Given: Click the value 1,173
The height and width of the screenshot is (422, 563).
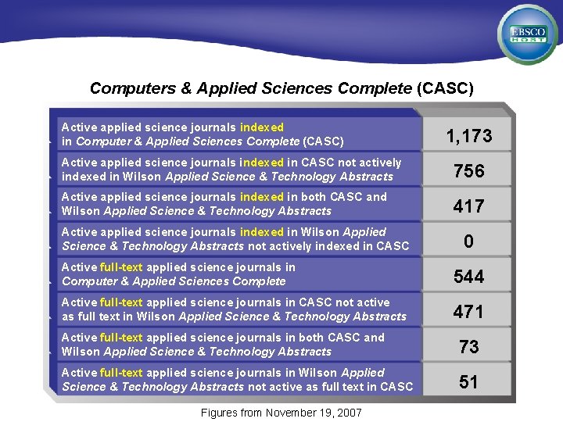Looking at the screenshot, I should (469, 137).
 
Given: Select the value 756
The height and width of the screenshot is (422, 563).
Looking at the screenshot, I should (469, 171).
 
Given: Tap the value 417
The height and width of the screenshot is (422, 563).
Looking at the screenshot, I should (469, 206).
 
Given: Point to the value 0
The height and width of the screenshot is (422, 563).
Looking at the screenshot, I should (469, 241).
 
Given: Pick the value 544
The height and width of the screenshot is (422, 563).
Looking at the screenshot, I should (469, 277).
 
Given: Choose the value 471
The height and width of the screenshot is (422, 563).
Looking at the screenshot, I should (469, 312).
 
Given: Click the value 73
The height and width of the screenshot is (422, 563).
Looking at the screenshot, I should (469, 346).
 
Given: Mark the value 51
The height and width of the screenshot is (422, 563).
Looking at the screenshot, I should (469, 381).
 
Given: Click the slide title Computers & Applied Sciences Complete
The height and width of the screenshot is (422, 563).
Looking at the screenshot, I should (250, 88).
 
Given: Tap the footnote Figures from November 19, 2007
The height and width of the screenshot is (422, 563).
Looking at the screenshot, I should (281, 412).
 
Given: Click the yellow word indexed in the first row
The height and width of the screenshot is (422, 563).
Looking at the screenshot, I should (262, 127).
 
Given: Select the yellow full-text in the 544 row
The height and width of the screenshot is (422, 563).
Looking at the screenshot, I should (121, 267).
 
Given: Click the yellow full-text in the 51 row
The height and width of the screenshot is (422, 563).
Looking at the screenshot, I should (121, 373).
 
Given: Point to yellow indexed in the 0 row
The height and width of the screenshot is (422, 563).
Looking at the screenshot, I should (262, 232).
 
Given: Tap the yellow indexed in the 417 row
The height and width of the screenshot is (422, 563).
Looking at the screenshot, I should (262, 197).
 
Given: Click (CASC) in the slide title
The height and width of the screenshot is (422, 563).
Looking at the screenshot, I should (444, 88).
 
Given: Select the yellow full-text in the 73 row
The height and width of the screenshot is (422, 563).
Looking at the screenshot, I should (121, 338).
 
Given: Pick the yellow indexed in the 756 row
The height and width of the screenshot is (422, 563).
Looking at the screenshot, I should (262, 163).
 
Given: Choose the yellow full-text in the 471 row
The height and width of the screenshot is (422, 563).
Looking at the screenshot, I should (121, 302).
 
